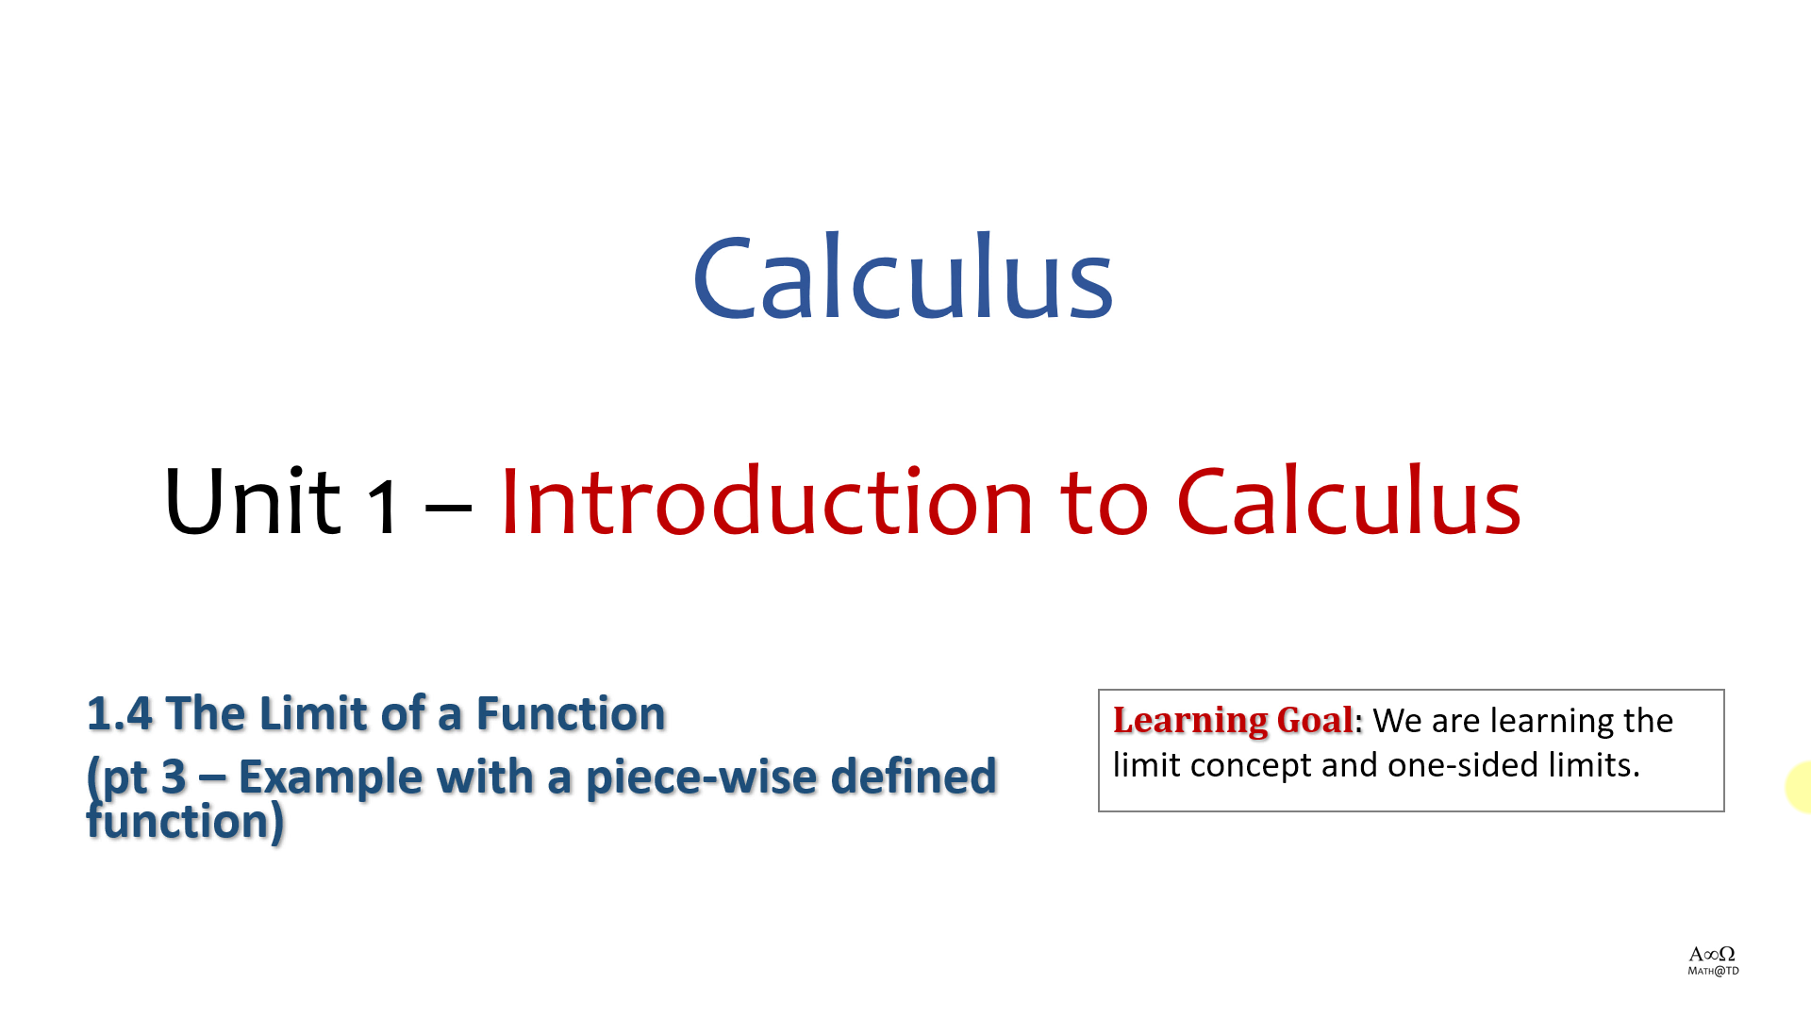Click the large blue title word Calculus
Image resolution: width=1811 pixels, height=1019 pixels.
pyautogui.click(x=903, y=276)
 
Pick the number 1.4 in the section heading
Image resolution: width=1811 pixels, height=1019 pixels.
pyautogui.click(x=119, y=713)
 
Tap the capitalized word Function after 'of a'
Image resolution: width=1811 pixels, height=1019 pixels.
pyautogui.click(x=571, y=713)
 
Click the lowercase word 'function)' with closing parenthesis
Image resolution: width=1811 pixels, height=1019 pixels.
pyautogui.click(x=185, y=821)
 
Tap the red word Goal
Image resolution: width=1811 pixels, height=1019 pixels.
pyautogui.click(x=1315, y=720)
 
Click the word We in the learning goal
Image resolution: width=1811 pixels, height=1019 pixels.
pyautogui.click(x=1397, y=721)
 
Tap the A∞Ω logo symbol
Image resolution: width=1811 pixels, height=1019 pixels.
pyautogui.click(x=1712, y=954)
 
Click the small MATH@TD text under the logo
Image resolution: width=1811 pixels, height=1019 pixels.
pyautogui.click(x=1713, y=971)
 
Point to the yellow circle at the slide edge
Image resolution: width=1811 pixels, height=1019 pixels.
pyautogui.click(x=1799, y=787)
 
